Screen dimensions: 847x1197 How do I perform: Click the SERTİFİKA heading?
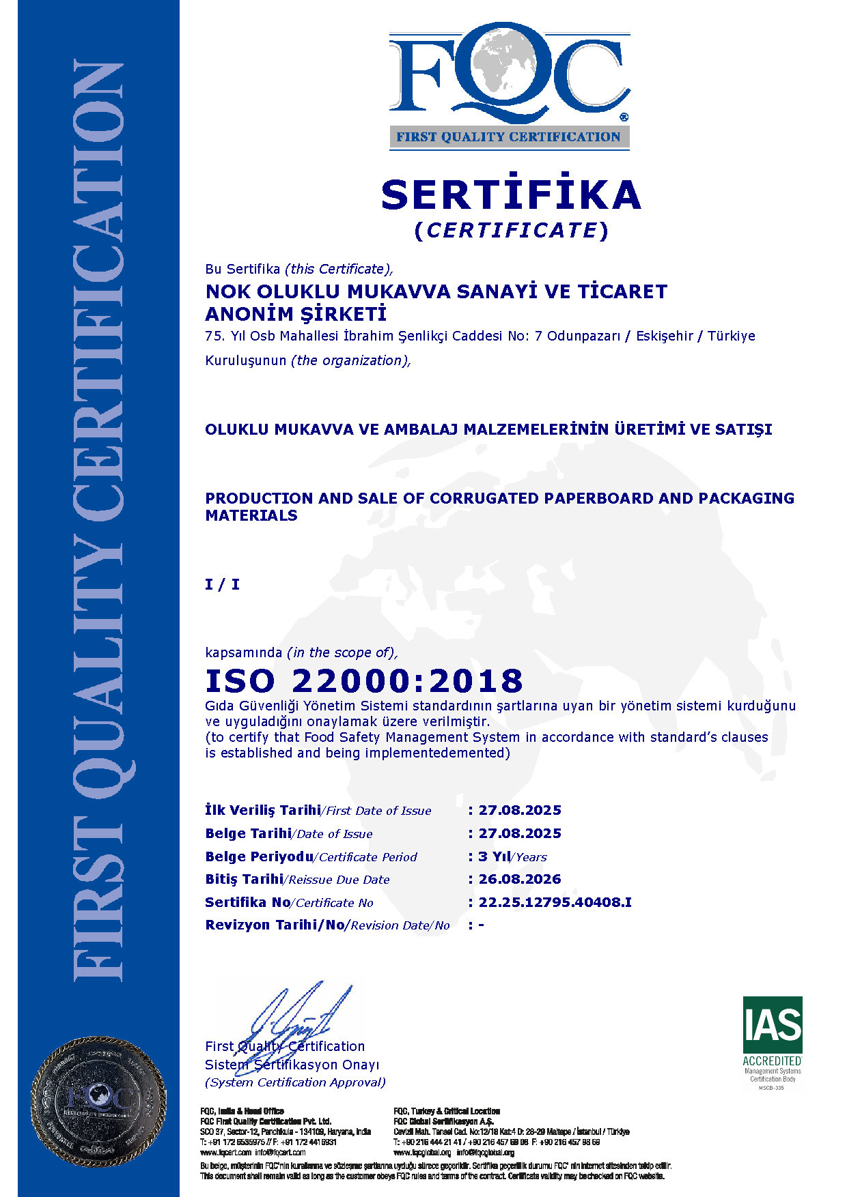(511, 195)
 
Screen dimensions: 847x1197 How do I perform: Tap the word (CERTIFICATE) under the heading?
(511, 231)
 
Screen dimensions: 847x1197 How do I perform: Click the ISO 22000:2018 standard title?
(364, 681)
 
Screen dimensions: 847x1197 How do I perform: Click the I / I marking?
(223, 584)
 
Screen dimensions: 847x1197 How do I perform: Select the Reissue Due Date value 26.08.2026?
(520, 879)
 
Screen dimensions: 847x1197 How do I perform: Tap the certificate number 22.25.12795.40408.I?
(555, 902)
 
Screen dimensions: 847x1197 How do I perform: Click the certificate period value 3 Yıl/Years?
(512, 856)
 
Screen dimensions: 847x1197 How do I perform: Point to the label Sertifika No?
(247, 902)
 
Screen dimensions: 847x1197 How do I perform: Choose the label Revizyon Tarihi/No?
(275, 925)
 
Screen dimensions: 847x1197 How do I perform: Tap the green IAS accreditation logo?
(773, 1026)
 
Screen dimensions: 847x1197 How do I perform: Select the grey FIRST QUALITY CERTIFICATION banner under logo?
(509, 136)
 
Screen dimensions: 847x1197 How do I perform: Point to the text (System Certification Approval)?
(295, 1082)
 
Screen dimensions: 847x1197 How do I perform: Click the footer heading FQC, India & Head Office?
(242, 1111)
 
